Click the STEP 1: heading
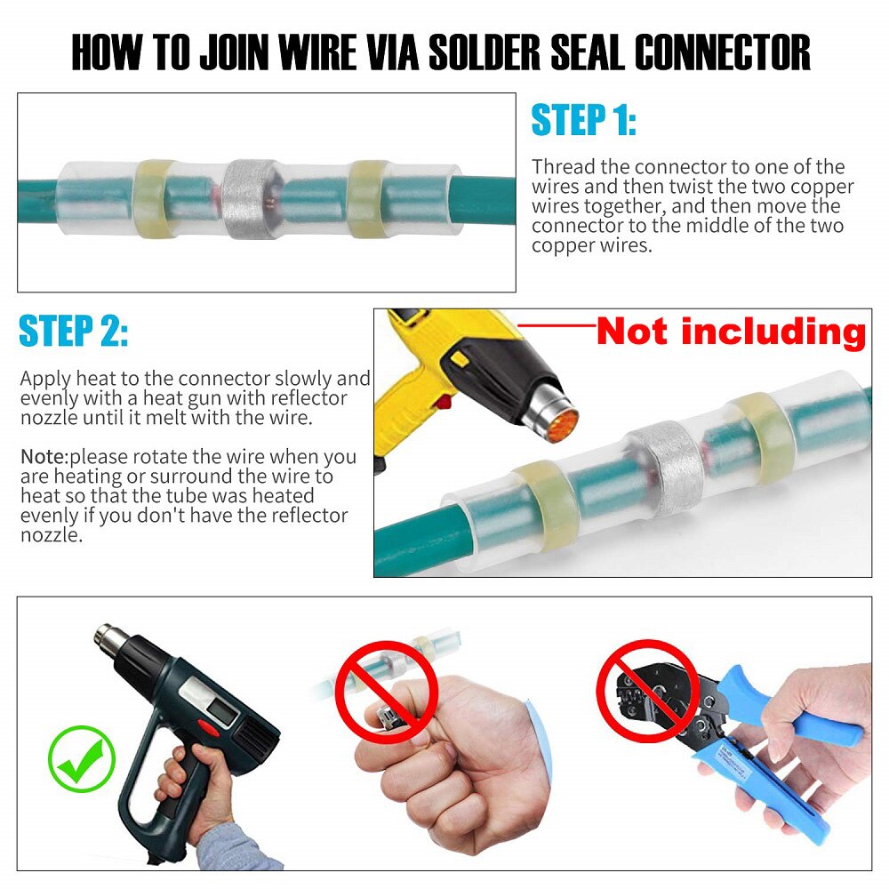(x=583, y=120)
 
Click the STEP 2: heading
(x=74, y=331)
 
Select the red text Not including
(x=731, y=331)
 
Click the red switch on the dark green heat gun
(x=206, y=726)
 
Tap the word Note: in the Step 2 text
(x=44, y=458)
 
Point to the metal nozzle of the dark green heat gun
(x=113, y=637)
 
